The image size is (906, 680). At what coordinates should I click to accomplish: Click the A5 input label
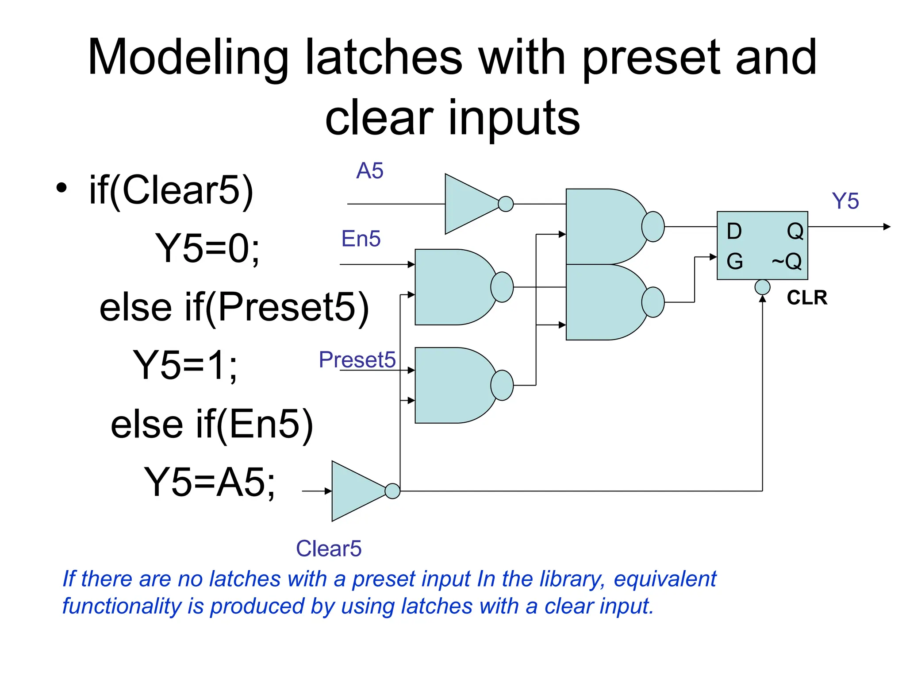pos(370,170)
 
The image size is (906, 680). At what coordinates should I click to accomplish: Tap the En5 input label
pos(361,239)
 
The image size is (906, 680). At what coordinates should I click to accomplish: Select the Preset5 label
pos(357,359)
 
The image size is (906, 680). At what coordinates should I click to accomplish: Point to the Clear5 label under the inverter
pos(329,549)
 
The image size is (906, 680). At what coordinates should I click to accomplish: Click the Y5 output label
pos(845,201)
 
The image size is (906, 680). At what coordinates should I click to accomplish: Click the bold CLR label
pos(807,297)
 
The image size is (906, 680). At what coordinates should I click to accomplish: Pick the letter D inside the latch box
pos(734,231)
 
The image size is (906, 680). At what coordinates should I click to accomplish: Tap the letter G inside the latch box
pos(734,261)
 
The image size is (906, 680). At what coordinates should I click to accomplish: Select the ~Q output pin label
pos(787,261)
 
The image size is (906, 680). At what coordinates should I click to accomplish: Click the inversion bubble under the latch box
pos(762,287)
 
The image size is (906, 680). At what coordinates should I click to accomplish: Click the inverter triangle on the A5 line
pos(469,204)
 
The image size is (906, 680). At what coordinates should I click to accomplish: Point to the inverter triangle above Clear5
pos(356,491)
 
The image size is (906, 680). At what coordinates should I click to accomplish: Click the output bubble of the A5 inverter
pos(506,204)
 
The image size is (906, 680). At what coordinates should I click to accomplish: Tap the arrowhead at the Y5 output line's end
pos(887,227)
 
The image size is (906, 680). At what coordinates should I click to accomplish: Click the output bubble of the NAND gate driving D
pos(653,227)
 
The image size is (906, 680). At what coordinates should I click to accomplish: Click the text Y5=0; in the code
pos(207,248)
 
